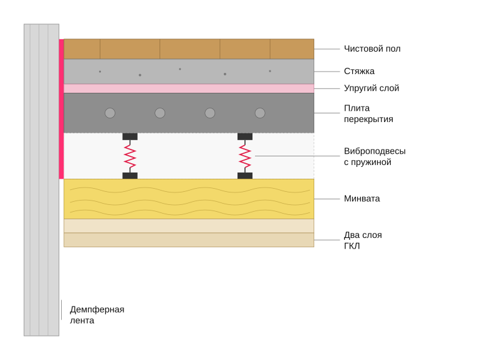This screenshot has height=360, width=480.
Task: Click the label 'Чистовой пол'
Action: [x=372, y=49]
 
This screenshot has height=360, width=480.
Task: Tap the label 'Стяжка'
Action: [x=359, y=71]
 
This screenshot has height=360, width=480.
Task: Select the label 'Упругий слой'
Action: [x=372, y=88]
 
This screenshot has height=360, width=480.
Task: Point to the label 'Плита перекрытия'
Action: [x=368, y=113]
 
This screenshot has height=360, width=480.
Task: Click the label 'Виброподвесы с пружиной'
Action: [x=375, y=156]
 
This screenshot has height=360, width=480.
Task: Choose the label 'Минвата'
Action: [x=362, y=199]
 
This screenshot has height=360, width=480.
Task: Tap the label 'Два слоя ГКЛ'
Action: [x=363, y=240]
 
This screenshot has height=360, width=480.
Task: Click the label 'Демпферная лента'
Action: [x=97, y=315]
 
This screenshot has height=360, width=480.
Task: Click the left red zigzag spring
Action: [x=130, y=156]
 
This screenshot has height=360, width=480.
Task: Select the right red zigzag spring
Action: [x=245, y=156]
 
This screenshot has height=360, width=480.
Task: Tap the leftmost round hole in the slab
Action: [x=110, y=113]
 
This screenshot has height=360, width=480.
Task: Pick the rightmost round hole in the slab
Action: [x=260, y=113]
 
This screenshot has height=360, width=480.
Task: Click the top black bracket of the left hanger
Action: [x=130, y=136]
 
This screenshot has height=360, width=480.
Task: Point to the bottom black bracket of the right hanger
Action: [x=245, y=176]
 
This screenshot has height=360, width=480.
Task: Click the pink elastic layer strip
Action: [x=189, y=88]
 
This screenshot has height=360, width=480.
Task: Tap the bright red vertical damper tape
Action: [x=61, y=109]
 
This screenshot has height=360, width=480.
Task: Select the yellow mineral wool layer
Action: [x=189, y=199]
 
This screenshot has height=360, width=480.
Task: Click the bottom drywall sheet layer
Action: [x=189, y=240]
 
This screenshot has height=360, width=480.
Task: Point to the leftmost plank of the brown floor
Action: [x=82, y=49]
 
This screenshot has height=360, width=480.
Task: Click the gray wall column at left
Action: [x=41, y=180]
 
